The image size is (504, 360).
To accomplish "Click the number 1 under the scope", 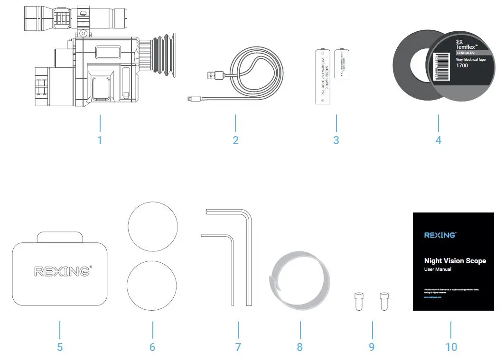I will coord(100,140).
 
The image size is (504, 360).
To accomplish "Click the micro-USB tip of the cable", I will coord(189,99).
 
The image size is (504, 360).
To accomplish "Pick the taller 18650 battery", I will coord(322,76).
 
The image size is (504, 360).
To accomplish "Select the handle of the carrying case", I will coord(59,237).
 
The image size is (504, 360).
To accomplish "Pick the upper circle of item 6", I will coord(153,226).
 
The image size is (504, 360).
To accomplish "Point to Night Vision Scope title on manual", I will coord(455,260).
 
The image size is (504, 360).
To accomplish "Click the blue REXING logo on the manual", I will coord(439,234).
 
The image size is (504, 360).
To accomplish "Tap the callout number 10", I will coord(451,347).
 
